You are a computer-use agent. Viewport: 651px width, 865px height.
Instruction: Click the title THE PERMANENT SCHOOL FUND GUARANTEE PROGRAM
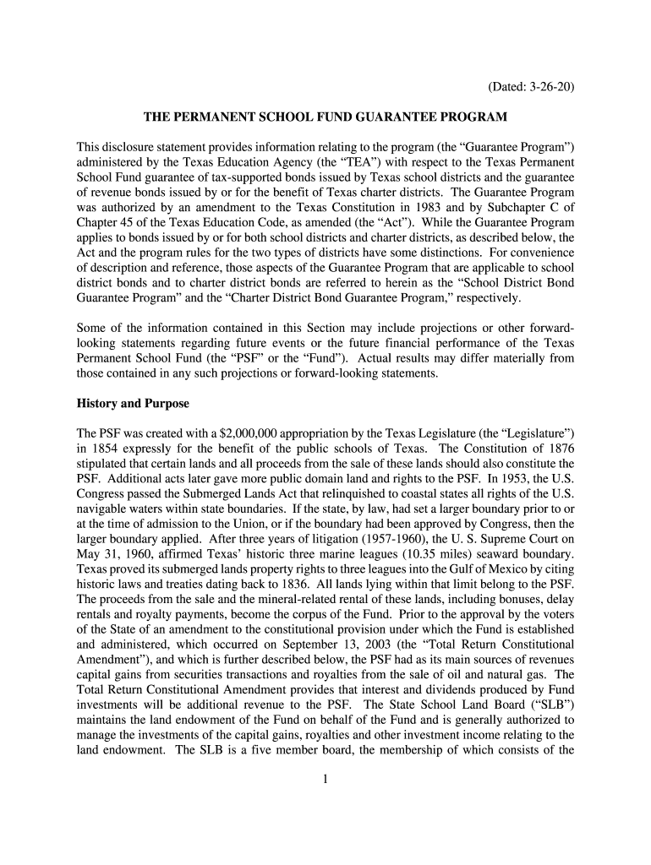325,115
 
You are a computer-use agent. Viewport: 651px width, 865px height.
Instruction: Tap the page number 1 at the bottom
325,778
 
